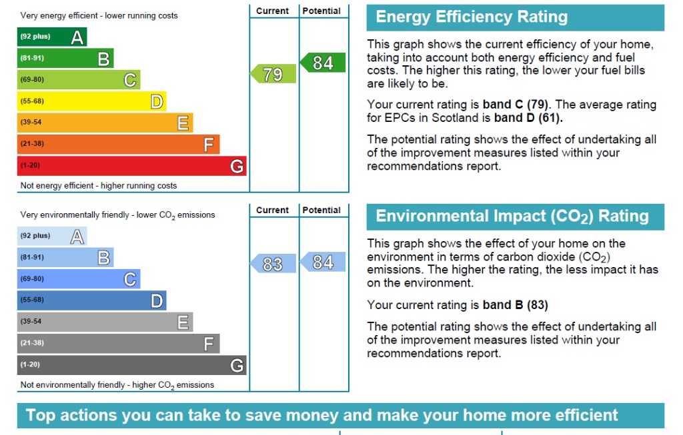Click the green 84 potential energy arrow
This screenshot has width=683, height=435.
point(323,63)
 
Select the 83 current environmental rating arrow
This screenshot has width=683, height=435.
point(273,264)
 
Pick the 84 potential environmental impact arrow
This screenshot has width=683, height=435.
point(323,262)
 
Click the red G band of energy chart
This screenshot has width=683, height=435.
point(131,166)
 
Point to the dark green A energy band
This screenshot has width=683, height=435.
point(52,37)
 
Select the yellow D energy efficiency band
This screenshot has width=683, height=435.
point(91,101)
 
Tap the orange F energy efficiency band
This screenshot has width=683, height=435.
point(118,145)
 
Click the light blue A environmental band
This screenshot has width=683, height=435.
point(52,236)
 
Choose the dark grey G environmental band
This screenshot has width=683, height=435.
point(131,365)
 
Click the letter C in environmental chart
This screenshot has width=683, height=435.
point(130,279)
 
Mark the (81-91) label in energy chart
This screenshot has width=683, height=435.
point(32,59)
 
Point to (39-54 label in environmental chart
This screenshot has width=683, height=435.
point(31,322)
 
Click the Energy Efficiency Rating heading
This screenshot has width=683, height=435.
point(472,17)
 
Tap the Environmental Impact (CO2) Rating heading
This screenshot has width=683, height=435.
point(512,217)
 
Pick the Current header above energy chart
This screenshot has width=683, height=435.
point(273,11)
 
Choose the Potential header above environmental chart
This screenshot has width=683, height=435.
point(321,210)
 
